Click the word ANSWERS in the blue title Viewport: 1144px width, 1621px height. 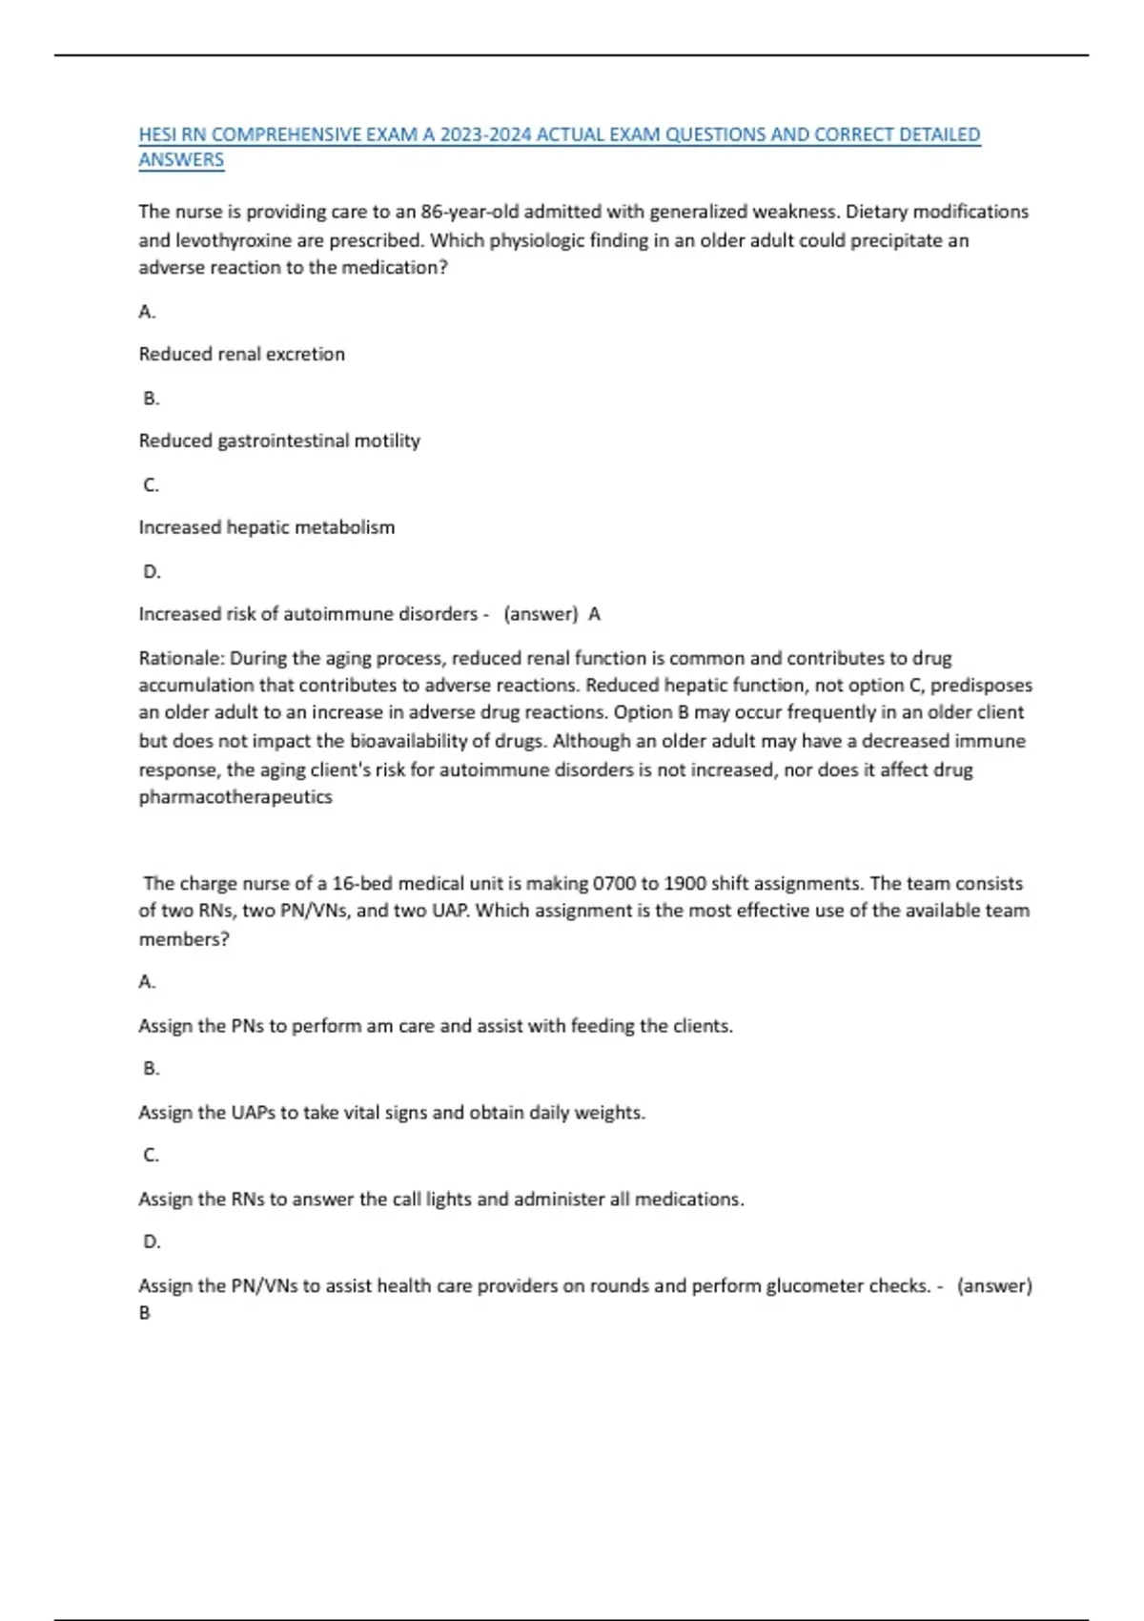coord(181,160)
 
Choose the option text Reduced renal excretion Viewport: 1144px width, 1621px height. coord(242,354)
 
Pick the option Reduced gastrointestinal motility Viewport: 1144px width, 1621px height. coord(279,441)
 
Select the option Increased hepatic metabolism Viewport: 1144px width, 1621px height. coord(267,527)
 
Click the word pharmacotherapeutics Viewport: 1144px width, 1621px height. coord(235,797)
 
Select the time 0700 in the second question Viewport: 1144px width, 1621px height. coord(614,883)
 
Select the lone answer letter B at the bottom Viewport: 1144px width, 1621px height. coord(145,1313)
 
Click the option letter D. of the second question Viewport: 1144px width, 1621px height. coord(152,1241)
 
